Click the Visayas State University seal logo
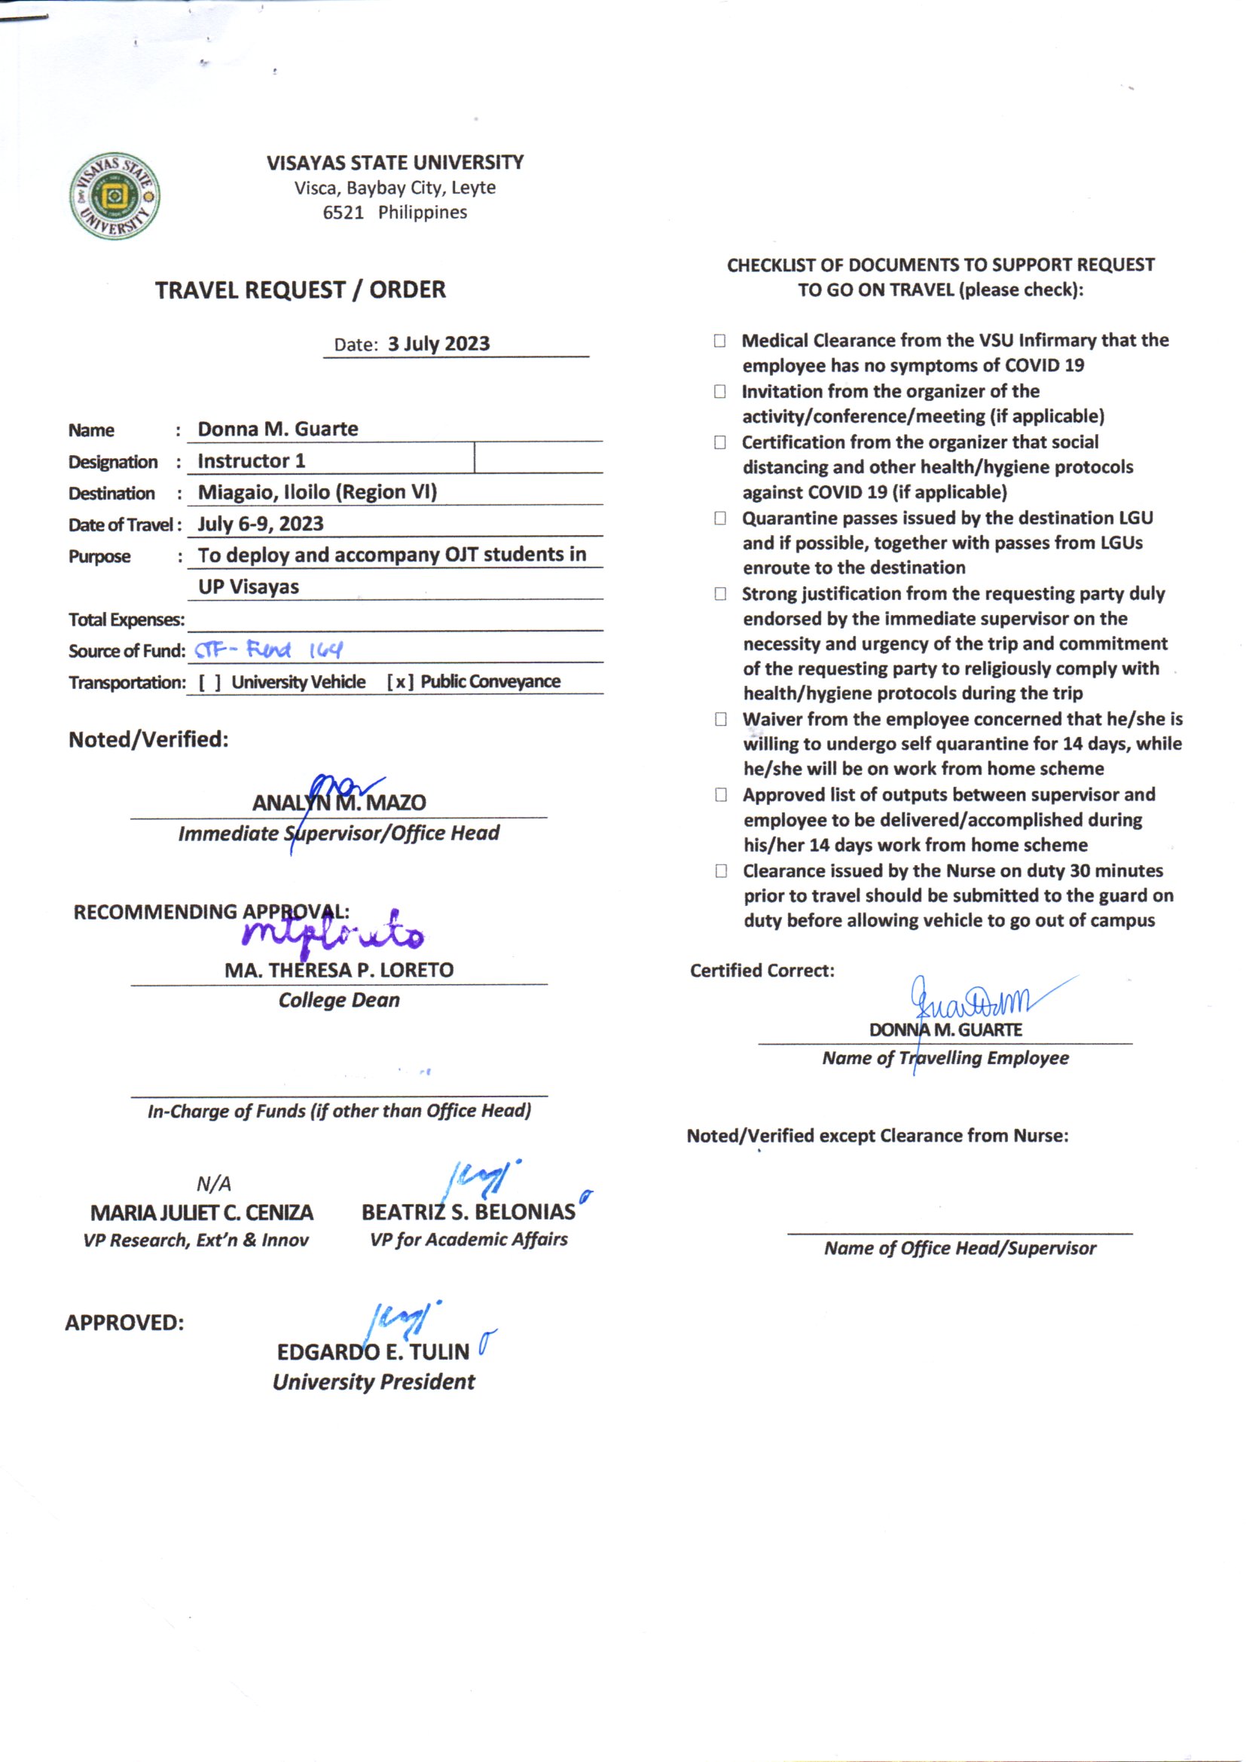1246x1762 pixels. coord(115,196)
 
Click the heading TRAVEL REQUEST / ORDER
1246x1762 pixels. coord(300,290)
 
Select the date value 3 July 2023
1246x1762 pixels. coord(438,344)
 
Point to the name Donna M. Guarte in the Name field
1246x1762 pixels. coord(278,429)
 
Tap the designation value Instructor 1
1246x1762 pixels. coord(252,461)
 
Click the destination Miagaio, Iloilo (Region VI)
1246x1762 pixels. coord(317,492)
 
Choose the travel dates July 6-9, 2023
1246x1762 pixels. coord(260,524)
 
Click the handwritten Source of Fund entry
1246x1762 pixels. coord(268,651)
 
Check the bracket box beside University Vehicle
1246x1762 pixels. coord(209,682)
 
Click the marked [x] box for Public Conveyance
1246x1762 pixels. coord(400,682)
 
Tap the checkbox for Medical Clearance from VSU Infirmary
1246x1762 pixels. coord(719,341)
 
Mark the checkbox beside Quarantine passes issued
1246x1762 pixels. coord(719,519)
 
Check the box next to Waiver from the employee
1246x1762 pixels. coord(720,720)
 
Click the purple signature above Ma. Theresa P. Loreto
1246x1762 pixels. coord(334,934)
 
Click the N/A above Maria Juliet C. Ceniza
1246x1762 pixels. coord(213,1183)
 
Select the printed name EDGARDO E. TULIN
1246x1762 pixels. coord(373,1351)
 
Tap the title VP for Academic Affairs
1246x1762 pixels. coord(469,1240)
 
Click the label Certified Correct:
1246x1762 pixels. coord(762,971)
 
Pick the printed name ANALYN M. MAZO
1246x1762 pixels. coord(339,803)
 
